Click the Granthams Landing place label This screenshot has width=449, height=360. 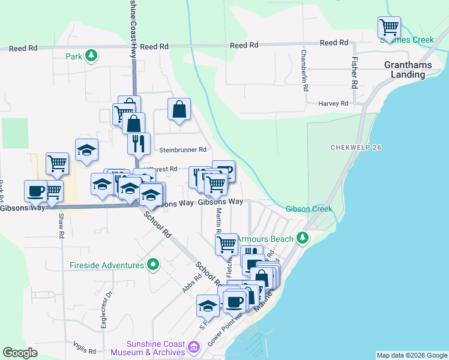point(405,69)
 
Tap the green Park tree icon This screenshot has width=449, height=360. point(91,56)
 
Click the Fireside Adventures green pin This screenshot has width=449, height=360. point(154,265)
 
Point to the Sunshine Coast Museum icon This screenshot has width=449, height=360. point(193,347)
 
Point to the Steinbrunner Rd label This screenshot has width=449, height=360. point(182,149)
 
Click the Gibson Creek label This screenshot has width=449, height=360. point(309,209)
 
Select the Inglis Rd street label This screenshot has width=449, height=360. point(84,347)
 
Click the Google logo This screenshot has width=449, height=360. point(20,352)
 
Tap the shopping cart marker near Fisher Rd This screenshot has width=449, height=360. point(389,27)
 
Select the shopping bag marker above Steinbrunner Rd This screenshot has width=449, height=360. point(179,110)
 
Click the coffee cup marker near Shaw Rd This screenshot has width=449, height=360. point(35,191)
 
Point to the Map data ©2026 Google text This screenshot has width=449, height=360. point(412,355)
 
